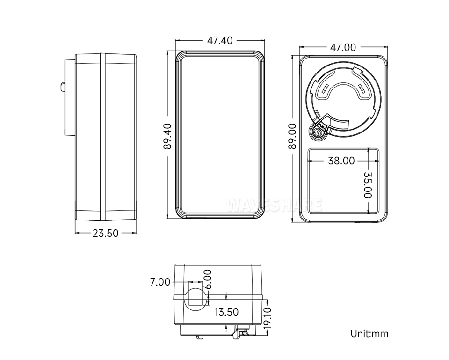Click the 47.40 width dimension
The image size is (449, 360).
tap(220, 41)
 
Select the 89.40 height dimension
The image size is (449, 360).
tap(168, 136)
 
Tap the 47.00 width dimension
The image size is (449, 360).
tap(343, 47)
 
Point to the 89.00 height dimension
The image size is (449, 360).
tap(293, 136)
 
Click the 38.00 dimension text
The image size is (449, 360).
tap(341, 161)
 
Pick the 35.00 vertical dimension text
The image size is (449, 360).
tap(367, 184)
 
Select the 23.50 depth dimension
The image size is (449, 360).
tap(105, 233)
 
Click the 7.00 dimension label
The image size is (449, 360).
tap(160, 282)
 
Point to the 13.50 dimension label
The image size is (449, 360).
tap(226, 312)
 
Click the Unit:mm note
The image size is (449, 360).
tap(369, 334)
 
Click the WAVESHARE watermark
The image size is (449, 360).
tap(274, 205)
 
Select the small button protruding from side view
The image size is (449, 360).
tap(63, 87)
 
